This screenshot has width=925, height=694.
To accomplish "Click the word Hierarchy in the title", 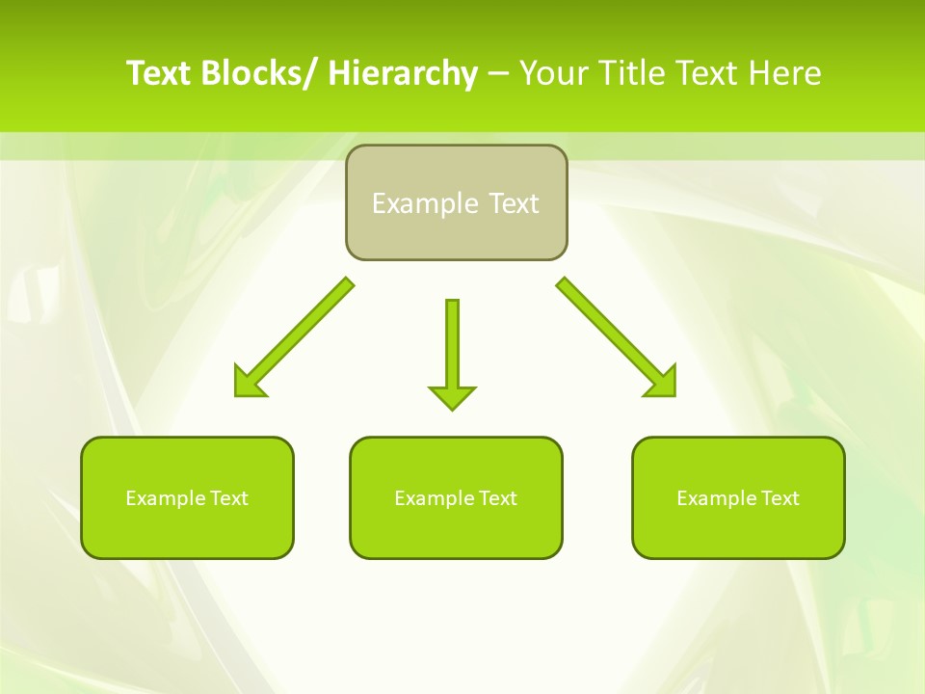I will point(403,73).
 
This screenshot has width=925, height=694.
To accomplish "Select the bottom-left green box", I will point(187,530).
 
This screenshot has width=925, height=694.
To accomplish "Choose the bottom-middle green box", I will point(456,530).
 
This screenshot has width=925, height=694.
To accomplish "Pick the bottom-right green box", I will point(738,530).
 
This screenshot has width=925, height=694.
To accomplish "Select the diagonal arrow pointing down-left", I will point(299,334).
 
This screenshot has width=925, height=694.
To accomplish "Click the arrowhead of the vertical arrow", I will point(452,396).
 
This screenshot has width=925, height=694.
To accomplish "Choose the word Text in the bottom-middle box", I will point(497,498).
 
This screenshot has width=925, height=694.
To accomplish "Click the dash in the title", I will point(498,74).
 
